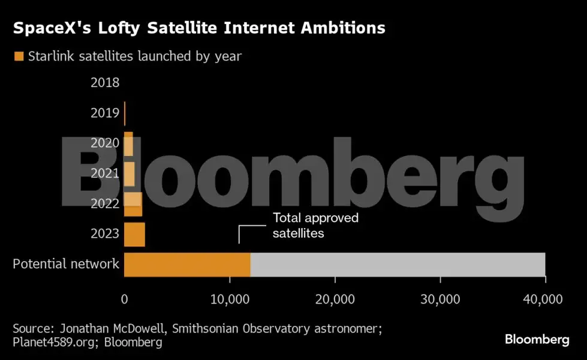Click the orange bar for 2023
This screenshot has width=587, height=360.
pyautogui.click(x=134, y=235)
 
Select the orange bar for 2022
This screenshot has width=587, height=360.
pyautogui.click(x=133, y=205)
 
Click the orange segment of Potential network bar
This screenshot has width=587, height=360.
pyautogui.click(x=187, y=265)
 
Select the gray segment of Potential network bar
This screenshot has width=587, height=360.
pyautogui.click(x=398, y=265)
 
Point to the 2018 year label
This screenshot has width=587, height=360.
pyautogui.click(x=105, y=83)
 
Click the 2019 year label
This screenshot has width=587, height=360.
pyautogui.click(x=105, y=113)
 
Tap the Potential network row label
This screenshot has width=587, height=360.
pyautogui.click(x=66, y=264)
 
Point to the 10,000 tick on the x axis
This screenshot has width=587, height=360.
pyautogui.click(x=230, y=298)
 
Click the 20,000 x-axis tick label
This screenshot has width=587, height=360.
pyautogui.click(x=335, y=298)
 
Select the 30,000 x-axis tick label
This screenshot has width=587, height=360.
pyautogui.click(x=440, y=298)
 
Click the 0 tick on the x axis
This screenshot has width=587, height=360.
pyautogui.click(x=124, y=298)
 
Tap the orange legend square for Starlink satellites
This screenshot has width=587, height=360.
pyautogui.click(x=19, y=56)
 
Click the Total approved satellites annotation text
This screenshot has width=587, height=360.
pyautogui.click(x=315, y=226)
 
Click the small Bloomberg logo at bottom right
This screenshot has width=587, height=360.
pyautogui.click(x=537, y=340)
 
